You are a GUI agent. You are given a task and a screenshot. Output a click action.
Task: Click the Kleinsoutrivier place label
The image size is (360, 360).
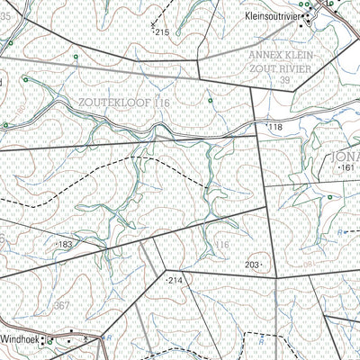tap(271, 16)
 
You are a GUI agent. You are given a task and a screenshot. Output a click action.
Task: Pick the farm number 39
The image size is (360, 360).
tap(287, 81)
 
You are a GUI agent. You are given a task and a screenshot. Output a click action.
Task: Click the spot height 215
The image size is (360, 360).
tap(162, 32)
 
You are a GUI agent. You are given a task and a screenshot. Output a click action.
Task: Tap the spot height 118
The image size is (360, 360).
tap(274, 129)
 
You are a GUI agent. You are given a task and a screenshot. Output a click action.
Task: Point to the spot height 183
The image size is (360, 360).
tap(65, 244)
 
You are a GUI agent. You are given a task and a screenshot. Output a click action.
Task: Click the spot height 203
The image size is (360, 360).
tap(252, 264)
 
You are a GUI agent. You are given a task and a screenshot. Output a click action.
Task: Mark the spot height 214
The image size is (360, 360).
tap(175, 281)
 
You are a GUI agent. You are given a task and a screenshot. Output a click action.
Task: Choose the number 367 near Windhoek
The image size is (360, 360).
tap(61, 306)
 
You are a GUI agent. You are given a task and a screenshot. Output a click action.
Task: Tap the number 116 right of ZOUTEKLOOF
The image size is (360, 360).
tap(162, 104)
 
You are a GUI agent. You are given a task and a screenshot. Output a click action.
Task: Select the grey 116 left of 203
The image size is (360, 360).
tap(222, 244)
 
